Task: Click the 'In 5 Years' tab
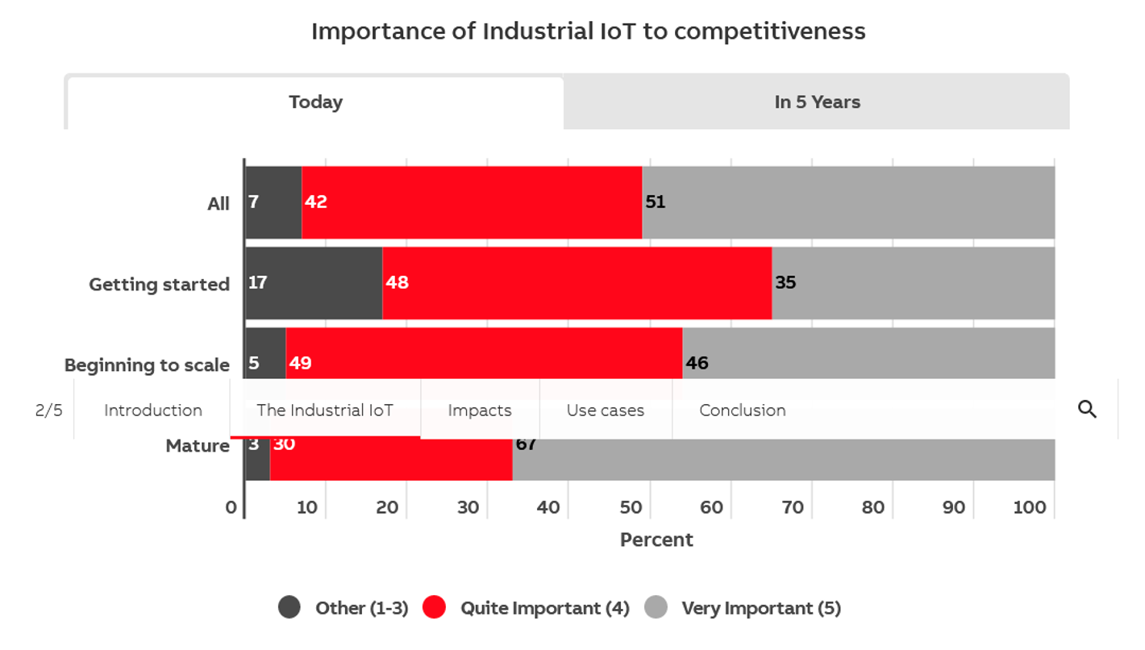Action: tap(817, 102)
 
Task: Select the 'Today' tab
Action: tap(315, 102)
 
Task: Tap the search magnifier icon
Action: tap(1087, 410)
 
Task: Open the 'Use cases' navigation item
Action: tap(606, 410)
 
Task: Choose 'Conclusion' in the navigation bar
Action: tap(742, 410)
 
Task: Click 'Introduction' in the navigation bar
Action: tap(152, 410)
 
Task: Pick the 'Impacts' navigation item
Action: tap(480, 410)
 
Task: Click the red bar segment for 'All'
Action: tap(472, 202)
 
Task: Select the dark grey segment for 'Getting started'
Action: tap(314, 283)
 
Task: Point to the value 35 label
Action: tap(785, 283)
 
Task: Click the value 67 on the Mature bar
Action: tap(526, 444)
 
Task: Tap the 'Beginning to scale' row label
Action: tap(147, 365)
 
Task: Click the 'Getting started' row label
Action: tap(159, 285)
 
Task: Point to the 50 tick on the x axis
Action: tap(630, 507)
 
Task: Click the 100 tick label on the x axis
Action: tap(1030, 507)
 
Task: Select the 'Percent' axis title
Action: tap(656, 540)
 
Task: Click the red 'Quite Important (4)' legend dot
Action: tap(434, 607)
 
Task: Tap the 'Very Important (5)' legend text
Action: tap(761, 608)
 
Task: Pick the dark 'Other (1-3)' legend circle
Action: tap(289, 607)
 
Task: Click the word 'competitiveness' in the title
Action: tap(769, 31)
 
